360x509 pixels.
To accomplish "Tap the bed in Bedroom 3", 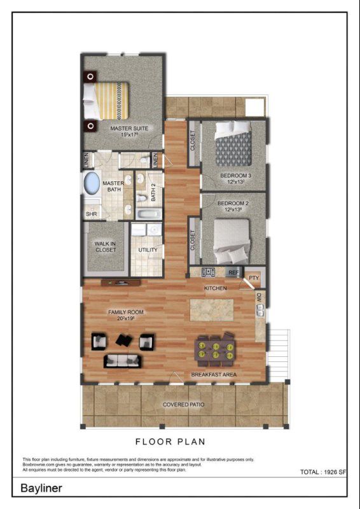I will click(x=232, y=144).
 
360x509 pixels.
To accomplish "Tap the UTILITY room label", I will click(x=148, y=250).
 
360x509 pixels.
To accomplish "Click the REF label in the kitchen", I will click(x=233, y=272).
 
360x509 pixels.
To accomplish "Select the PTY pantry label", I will click(x=254, y=277).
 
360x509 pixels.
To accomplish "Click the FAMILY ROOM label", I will click(x=125, y=312).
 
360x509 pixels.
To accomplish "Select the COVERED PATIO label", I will click(x=184, y=405).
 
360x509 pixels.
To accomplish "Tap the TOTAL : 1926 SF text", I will click(x=322, y=472).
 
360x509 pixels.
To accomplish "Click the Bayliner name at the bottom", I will click(x=41, y=489).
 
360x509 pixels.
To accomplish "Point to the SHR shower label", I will click(x=90, y=214).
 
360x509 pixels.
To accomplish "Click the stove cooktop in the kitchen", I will click(x=208, y=272).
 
